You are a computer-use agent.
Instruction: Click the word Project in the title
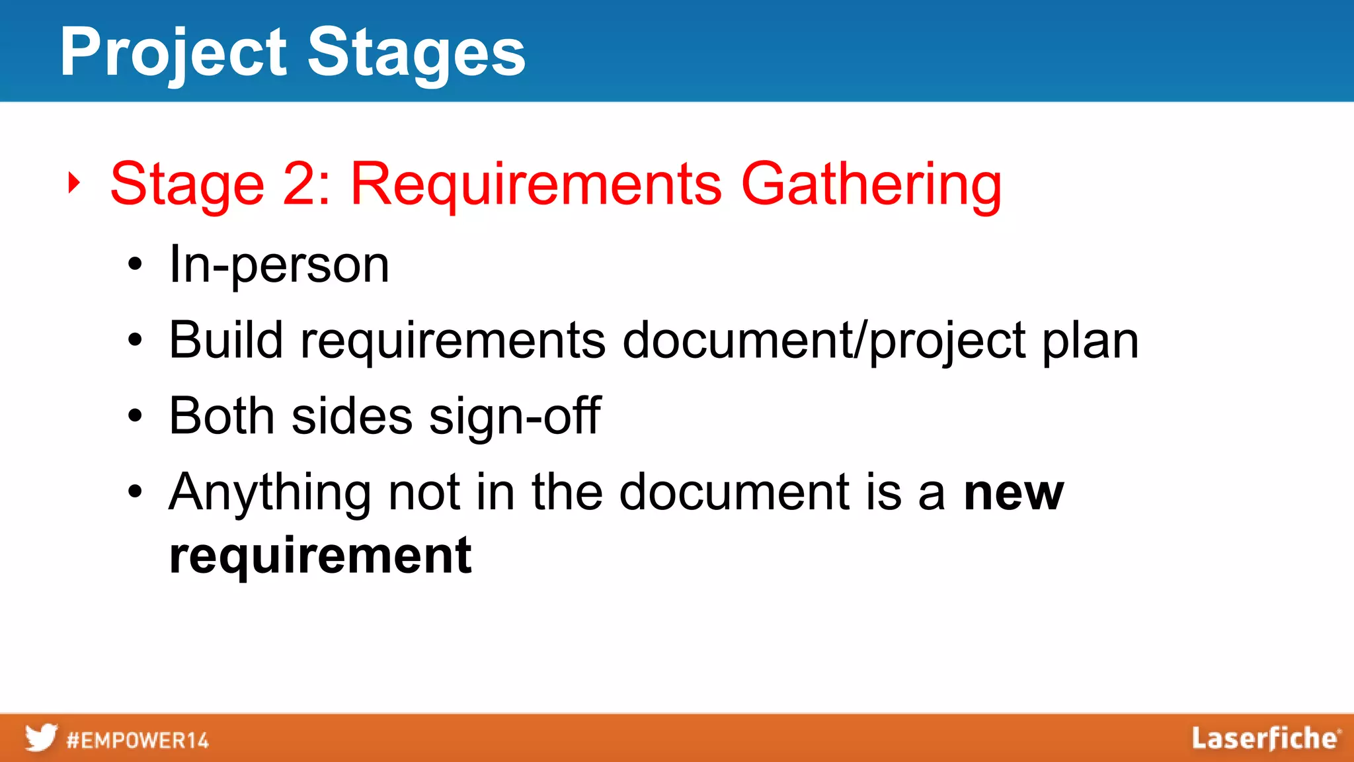173,53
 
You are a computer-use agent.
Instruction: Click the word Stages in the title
417,53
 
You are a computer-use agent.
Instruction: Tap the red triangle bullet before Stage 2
74,183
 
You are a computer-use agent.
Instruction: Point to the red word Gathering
871,185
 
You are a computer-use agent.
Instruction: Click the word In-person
279,265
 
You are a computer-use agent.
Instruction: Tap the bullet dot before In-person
136,265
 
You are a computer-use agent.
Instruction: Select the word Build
226,340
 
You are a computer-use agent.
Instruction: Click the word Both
221,416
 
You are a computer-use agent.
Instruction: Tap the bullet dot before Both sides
136,416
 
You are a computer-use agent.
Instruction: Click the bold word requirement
320,556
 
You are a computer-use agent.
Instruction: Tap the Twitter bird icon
41,738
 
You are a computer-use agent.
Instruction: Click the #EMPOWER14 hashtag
138,740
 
